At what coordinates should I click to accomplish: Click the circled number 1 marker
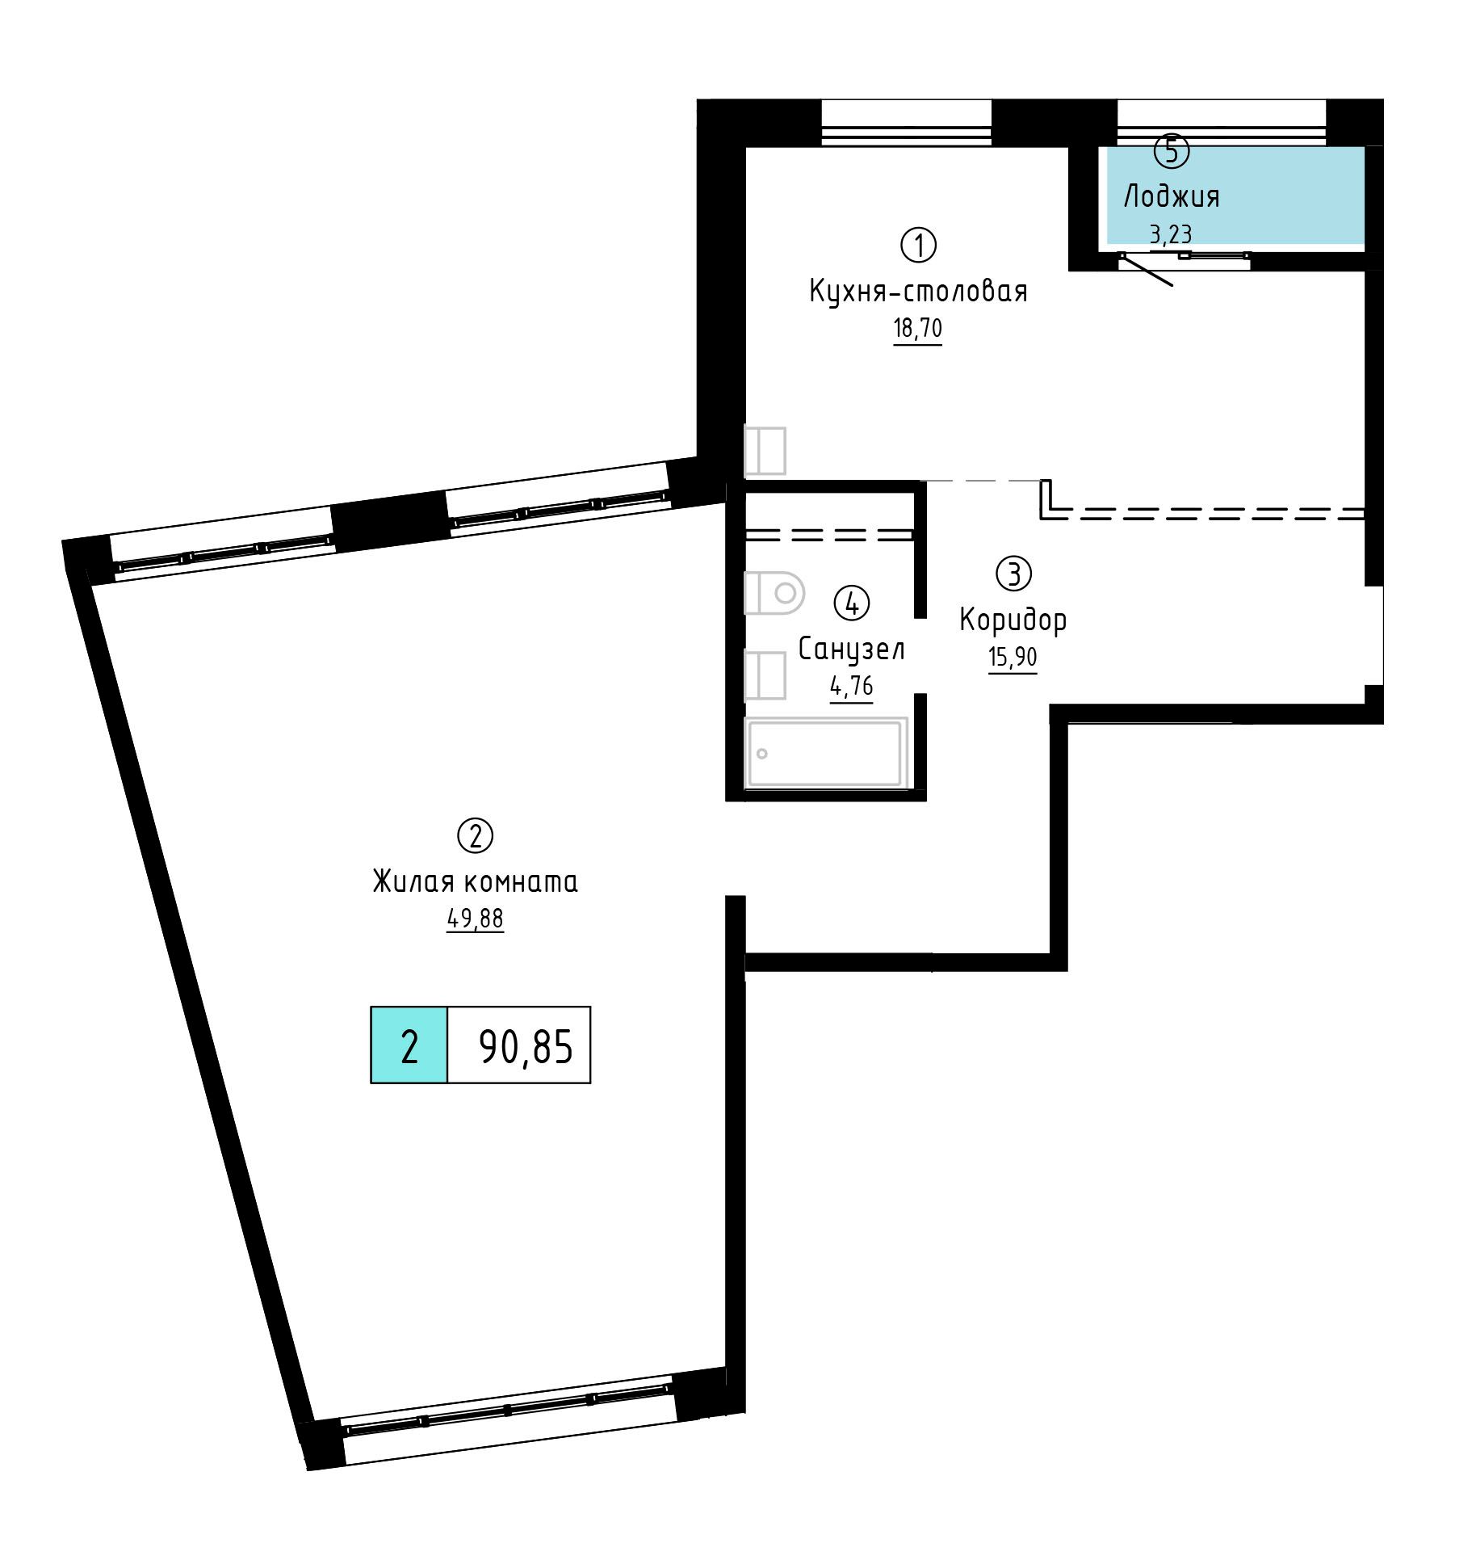tap(918, 246)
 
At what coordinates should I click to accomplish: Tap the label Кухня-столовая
tap(918, 291)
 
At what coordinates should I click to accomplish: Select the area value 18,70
tap(918, 329)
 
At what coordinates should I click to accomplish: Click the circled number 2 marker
tap(475, 836)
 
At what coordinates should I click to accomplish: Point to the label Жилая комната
tap(475, 881)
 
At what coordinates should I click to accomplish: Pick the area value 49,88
tap(475, 919)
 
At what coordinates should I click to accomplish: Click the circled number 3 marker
tap(1014, 574)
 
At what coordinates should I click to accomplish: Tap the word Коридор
tap(1013, 620)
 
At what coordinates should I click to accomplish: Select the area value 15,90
tap(1013, 658)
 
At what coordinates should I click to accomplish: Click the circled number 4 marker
tap(852, 603)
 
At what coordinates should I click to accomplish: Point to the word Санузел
tap(852, 649)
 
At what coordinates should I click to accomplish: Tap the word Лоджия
tap(1172, 196)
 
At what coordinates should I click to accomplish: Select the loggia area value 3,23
tap(1171, 234)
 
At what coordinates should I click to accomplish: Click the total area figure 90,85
tap(526, 1047)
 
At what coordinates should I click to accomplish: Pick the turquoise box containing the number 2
tap(409, 1045)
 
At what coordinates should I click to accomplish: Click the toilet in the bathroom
tap(774, 594)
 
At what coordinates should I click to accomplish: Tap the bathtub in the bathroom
tap(826, 753)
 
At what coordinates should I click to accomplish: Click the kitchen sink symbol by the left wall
tap(765, 451)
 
